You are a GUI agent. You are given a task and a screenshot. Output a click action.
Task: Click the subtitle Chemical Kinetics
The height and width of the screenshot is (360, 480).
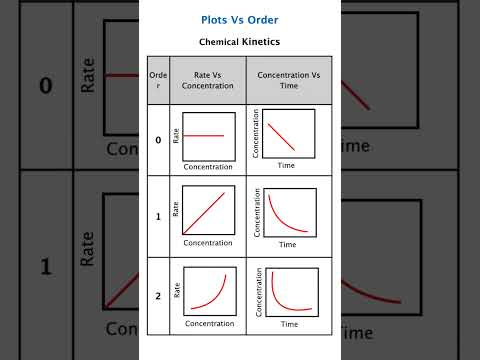239,42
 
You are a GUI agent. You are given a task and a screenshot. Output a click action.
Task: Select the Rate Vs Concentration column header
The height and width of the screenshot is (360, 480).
207,81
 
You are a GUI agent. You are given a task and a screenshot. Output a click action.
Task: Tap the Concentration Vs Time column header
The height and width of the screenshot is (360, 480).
289,81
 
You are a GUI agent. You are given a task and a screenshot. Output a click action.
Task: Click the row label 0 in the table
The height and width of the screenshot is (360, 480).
158,140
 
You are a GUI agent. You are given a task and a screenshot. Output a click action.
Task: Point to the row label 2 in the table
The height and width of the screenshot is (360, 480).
158,296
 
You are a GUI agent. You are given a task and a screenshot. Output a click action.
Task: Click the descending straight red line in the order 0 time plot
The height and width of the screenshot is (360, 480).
281,135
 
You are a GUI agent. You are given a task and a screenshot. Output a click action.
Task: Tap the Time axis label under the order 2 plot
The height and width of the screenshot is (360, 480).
290,324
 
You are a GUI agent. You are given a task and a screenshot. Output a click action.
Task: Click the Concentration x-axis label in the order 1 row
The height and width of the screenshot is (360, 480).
208,243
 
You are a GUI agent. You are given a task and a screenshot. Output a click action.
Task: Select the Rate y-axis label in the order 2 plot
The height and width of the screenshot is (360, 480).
177,289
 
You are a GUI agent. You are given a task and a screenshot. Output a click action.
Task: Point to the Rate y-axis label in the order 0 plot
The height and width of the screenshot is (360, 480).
177,136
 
